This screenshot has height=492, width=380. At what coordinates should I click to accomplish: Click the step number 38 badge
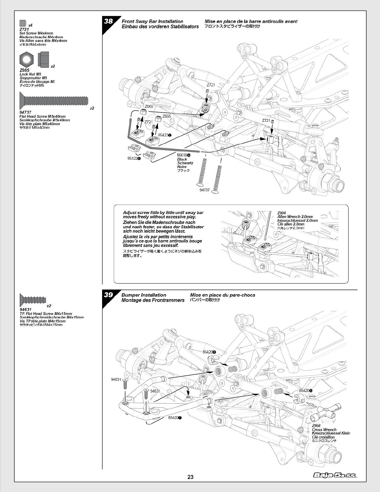tap(108, 21)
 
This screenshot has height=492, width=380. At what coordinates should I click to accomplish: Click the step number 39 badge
tap(108, 295)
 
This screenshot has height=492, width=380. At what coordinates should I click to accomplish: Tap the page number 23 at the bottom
tap(190, 477)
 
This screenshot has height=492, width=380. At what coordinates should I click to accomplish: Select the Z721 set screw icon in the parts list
tap(22, 23)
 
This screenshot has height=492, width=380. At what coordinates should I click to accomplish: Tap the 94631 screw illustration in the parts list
tap(33, 300)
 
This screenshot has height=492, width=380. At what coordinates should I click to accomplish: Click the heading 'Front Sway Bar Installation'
tap(152, 21)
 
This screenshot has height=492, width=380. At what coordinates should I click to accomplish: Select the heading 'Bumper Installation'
tap(144, 295)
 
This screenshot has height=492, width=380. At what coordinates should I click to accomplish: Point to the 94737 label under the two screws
tap(205, 190)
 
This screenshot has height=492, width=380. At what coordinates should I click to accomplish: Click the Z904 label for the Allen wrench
tap(281, 213)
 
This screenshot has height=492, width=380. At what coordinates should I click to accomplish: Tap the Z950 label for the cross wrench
tap(316, 426)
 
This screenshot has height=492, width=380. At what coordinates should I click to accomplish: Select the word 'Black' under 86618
tap(182, 159)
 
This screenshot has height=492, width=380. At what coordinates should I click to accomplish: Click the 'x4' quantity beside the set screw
tap(30, 25)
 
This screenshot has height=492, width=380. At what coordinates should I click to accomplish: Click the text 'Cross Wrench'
tap(324, 430)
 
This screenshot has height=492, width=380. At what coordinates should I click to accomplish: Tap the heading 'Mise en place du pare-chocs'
tap(222, 295)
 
